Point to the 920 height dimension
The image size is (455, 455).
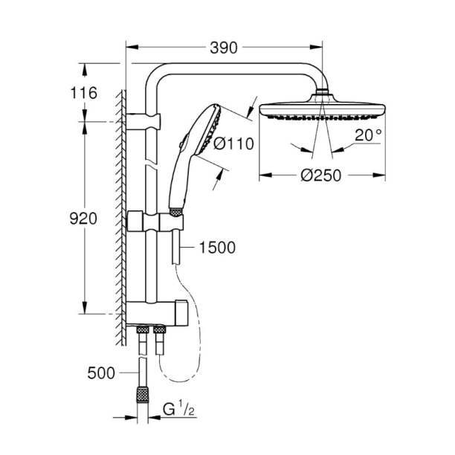(83, 219)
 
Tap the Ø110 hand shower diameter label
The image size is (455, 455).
(233, 146)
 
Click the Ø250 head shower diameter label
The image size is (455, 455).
(323, 176)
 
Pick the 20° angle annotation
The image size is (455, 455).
(367, 135)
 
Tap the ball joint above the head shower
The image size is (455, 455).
(323, 94)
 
